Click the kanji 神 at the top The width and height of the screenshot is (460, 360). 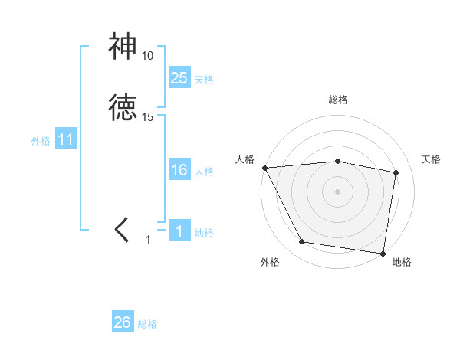tap(123, 47)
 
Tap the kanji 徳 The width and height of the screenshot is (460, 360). tap(123, 108)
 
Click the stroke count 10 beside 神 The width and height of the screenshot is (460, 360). tap(147, 56)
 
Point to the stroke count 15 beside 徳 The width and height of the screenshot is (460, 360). tap(148, 116)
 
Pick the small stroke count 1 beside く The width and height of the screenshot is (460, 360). tap(148, 240)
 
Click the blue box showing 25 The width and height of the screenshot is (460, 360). tap(179, 77)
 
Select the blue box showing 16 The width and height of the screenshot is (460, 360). tap(179, 170)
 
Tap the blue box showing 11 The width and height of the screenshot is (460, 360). tap(66, 140)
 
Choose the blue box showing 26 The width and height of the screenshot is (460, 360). tap(123, 322)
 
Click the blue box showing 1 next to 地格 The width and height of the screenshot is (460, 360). tap(179, 231)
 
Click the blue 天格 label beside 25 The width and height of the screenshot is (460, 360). tap(204, 79)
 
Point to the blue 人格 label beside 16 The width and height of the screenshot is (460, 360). tap(204, 172)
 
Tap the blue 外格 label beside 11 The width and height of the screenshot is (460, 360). tap(41, 141)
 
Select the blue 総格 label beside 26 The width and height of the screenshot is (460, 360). tap(147, 324)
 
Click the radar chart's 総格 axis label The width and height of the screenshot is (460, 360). tap(338, 100)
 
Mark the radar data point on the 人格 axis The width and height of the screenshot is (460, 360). tap(264, 168)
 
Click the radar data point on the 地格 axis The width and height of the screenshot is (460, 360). tap(383, 253)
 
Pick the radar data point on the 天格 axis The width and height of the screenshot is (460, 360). tap(396, 172)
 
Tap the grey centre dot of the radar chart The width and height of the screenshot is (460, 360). tap(338, 191)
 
